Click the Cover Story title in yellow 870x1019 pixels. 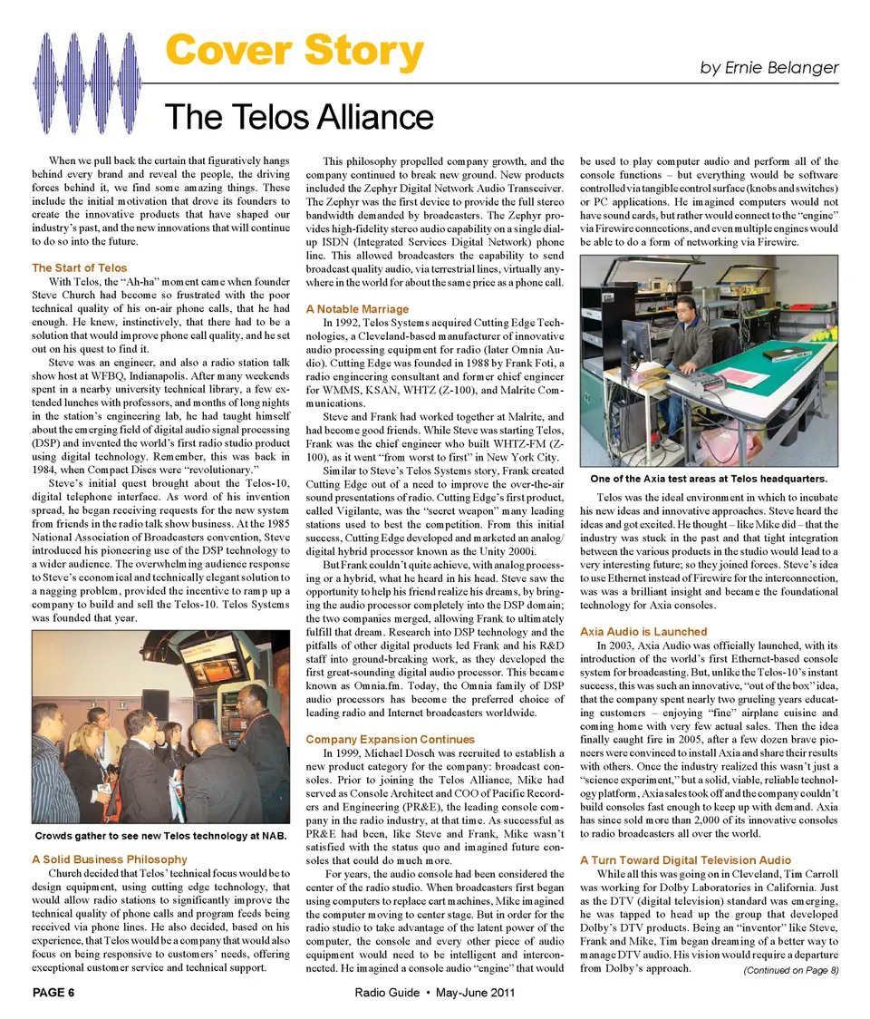295,53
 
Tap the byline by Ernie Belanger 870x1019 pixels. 769,68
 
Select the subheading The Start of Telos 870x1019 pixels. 80,267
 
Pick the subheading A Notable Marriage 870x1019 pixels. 357,309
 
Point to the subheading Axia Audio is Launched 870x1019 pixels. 643,631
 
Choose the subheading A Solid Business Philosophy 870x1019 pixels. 110,859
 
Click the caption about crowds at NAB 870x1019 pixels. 159,834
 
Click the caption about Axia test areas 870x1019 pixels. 708,478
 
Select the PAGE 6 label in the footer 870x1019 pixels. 53,993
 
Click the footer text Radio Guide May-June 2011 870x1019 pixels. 435,993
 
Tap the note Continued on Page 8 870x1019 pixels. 790,971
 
